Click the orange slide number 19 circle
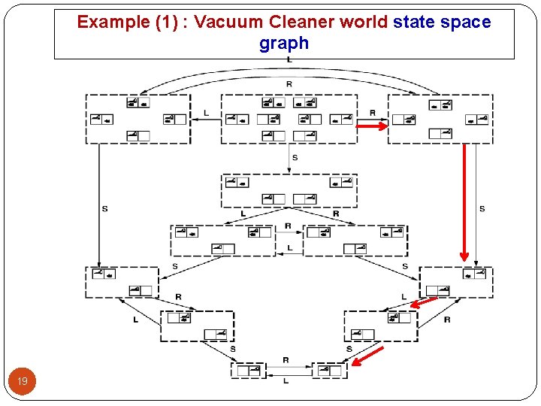(23, 382)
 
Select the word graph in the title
(284, 44)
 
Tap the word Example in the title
(114, 22)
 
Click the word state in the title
(414, 22)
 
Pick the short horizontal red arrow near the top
(371, 127)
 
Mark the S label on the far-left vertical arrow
(104, 208)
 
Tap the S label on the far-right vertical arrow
(482, 208)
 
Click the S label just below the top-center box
(295, 157)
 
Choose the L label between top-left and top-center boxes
(206, 114)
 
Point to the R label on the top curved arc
(289, 83)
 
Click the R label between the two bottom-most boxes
(286, 360)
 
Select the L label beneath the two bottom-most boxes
(286, 381)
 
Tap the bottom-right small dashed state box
(329, 370)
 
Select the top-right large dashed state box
(440, 119)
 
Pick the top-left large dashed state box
(138, 119)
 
